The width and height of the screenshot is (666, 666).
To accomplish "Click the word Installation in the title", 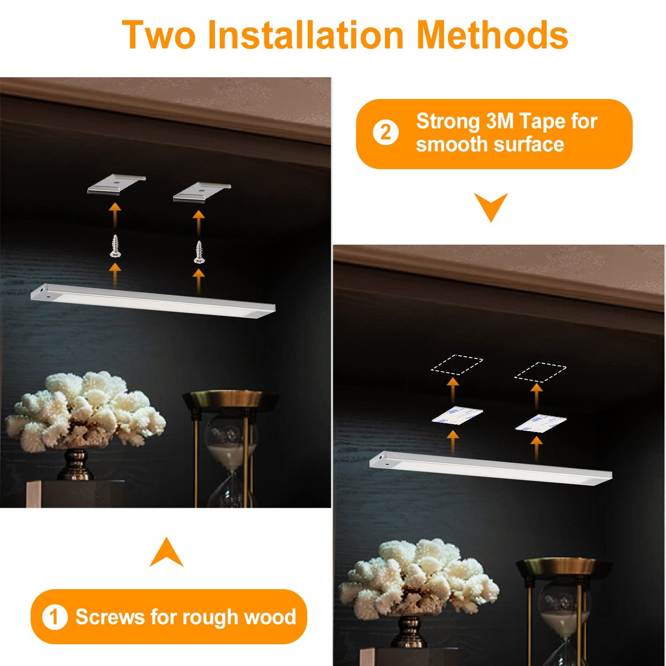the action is click(x=306, y=35).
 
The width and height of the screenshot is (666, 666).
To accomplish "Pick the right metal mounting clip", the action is click(x=202, y=191).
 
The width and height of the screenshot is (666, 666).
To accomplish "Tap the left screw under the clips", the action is click(x=115, y=246).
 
